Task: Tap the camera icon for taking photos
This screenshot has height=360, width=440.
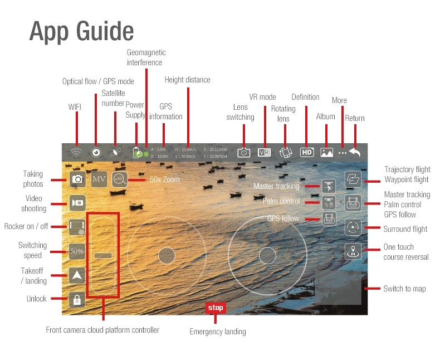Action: coord(77,179)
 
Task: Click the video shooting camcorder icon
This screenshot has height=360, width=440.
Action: coord(77,203)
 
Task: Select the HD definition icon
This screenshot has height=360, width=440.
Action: coord(307,152)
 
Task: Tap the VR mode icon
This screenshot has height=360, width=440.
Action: coord(264,152)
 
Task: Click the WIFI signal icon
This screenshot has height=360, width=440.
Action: coord(76,152)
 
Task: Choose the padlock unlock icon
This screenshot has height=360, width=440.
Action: coord(77,300)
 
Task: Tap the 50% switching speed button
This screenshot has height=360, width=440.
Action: coord(77,251)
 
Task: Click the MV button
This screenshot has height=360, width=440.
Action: coord(99,179)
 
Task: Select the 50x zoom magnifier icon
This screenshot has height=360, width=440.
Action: coord(120,179)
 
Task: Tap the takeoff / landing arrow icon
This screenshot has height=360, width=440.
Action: coord(77,275)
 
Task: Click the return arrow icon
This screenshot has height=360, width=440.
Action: coord(355,152)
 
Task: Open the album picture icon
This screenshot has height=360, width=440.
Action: coord(326,152)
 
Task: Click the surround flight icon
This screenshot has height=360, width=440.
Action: coord(353,228)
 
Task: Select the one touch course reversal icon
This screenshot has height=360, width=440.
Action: coord(353,251)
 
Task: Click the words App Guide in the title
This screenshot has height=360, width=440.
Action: coord(81,32)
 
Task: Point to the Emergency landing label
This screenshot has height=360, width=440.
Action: coord(218,332)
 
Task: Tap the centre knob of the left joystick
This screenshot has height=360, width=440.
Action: coord(167,256)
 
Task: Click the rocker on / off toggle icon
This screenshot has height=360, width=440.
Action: coord(77,227)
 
